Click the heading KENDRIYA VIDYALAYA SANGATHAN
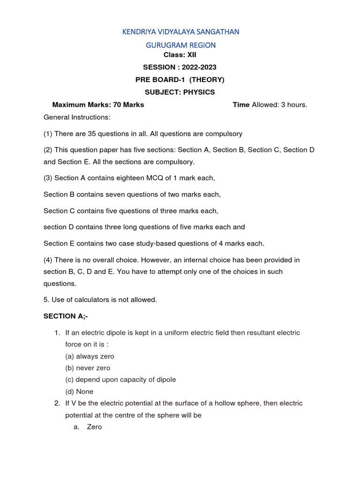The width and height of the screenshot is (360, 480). [180, 32]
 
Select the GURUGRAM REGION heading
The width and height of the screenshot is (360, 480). [180, 45]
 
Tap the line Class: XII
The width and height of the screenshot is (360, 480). [180, 55]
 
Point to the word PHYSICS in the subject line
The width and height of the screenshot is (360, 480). [199, 92]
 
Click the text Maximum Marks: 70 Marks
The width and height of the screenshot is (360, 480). [98, 105]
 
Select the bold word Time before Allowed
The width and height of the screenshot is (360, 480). [241, 105]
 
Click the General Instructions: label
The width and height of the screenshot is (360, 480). [77, 117]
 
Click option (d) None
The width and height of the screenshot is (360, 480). [79, 391]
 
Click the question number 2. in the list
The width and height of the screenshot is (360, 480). [57, 403]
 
